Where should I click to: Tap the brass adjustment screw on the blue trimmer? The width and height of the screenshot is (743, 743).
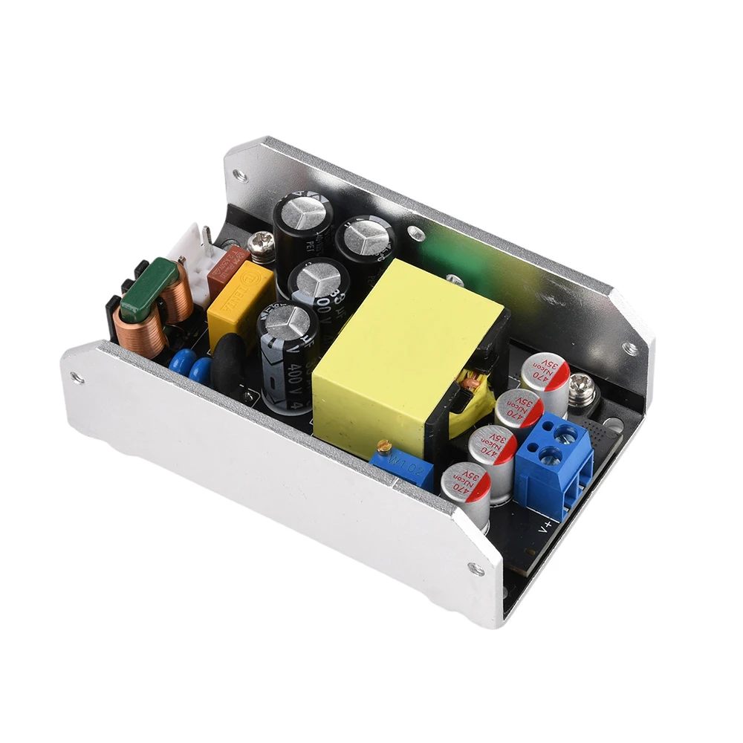click(383, 447)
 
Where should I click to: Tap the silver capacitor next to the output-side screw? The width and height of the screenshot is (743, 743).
click(545, 380)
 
